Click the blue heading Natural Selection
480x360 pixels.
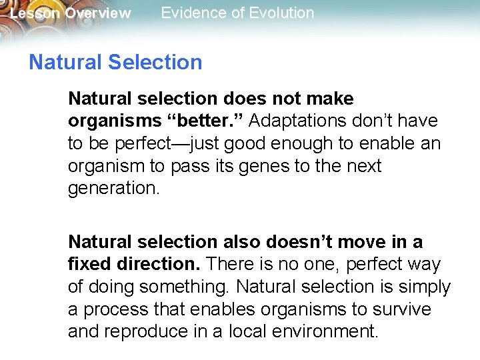pyautogui.click(x=115, y=63)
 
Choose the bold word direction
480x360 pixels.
pyautogui.click(x=158, y=265)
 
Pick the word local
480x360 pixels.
pyautogui.click(x=244, y=331)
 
